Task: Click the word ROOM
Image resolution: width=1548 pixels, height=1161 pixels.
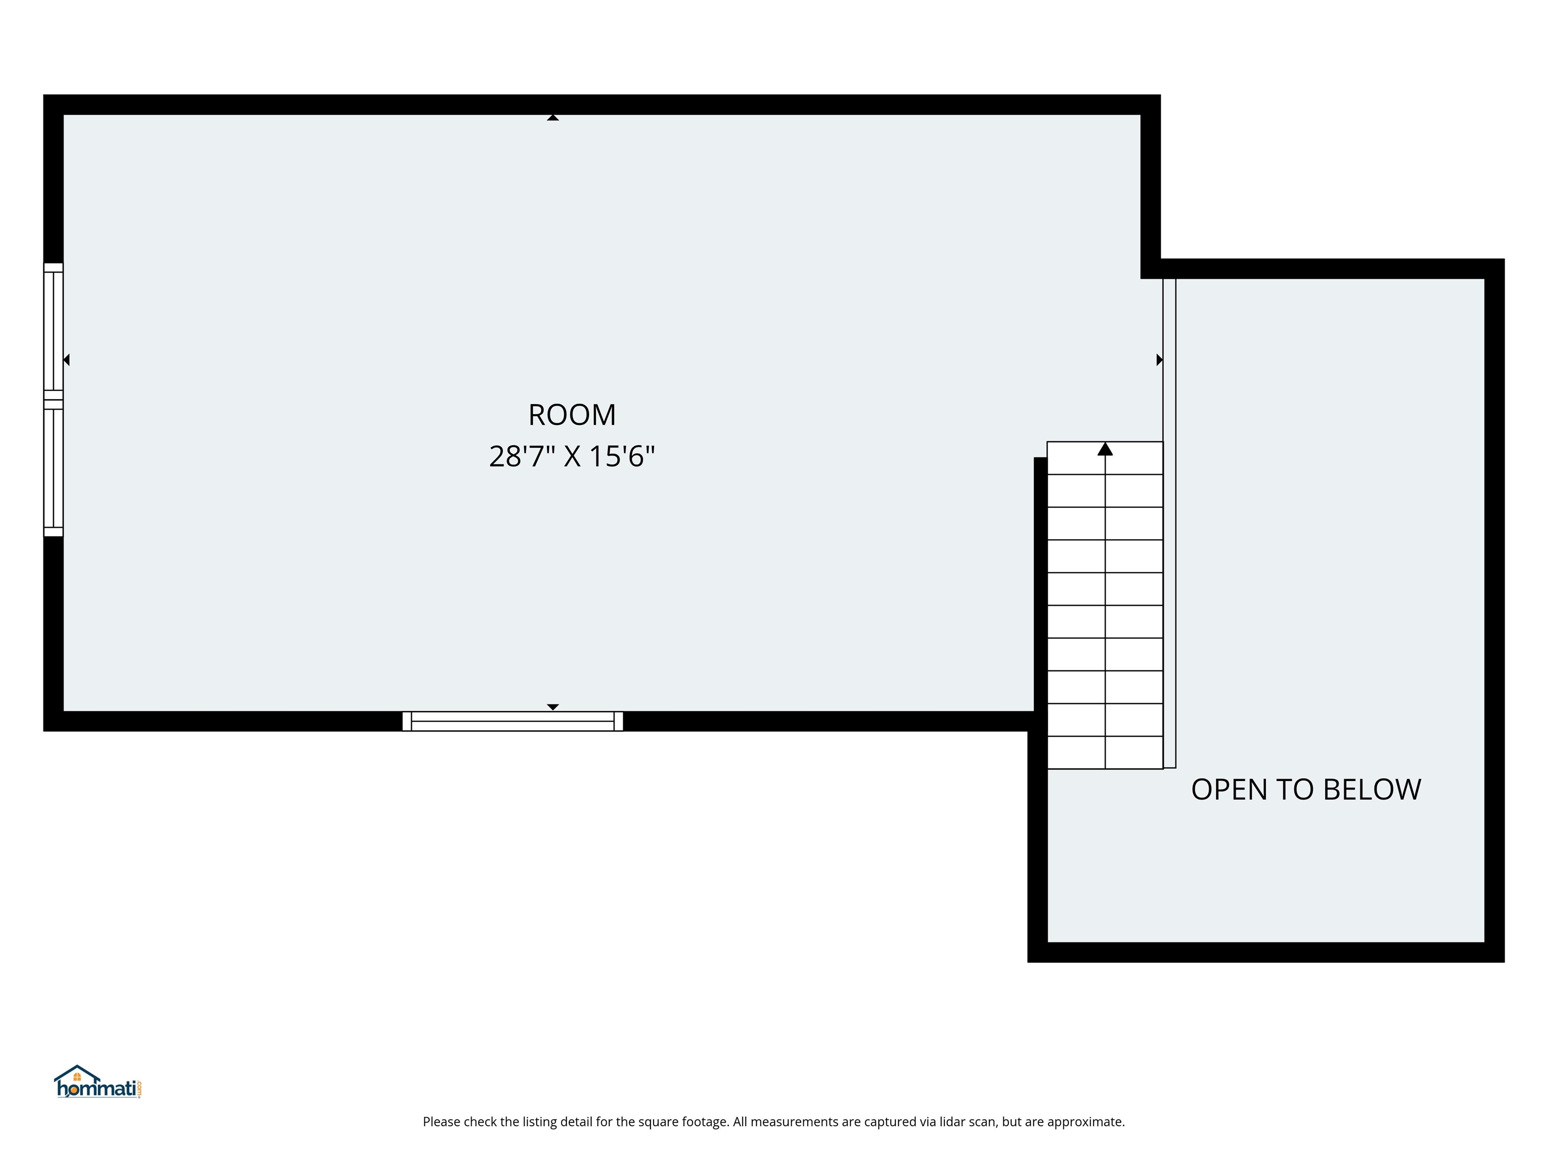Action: [572, 415]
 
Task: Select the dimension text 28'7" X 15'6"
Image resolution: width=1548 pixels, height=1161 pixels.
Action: [572, 456]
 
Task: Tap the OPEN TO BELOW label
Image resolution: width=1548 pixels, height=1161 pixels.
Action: [1306, 790]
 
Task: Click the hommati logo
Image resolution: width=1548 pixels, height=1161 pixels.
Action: [98, 1082]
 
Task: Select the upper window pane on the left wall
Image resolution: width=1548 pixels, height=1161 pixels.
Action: [53, 331]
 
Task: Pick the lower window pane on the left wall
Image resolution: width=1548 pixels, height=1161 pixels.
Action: [53, 468]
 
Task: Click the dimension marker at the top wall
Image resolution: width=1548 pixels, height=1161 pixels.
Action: [553, 117]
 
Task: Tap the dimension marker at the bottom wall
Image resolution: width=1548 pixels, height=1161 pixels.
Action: [553, 707]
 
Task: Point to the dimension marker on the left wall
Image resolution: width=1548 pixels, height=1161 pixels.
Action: [67, 360]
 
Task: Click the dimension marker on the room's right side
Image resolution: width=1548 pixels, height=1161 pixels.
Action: [1159, 360]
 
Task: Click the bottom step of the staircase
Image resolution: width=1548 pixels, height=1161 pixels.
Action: [1105, 752]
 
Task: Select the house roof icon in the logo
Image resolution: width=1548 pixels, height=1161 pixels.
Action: [77, 1073]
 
